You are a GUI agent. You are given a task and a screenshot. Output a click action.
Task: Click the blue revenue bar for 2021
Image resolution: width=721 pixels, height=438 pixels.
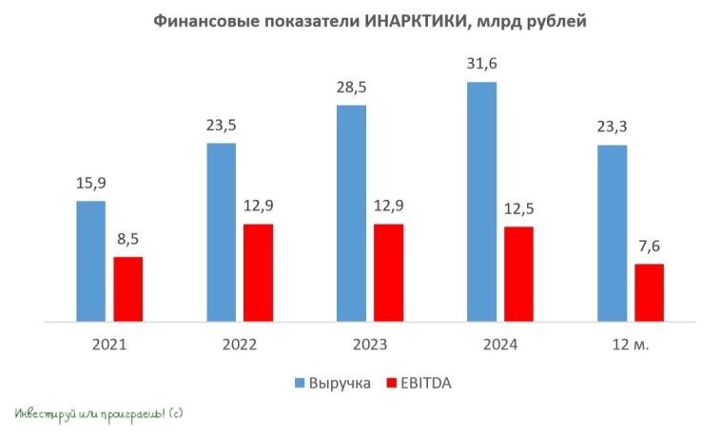tap(90, 262)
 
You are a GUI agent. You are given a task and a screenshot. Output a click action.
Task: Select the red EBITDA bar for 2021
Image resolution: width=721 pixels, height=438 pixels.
tap(127, 289)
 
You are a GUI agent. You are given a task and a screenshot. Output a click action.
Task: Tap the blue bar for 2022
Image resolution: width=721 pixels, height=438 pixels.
tap(221, 232)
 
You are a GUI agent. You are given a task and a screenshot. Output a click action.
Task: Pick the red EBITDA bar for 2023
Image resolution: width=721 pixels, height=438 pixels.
tap(388, 273)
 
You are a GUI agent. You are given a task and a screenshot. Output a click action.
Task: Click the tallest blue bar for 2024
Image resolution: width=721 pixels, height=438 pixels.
tap(481, 202)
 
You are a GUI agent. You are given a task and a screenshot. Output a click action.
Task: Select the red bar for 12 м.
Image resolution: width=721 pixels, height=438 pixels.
tap(649, 293)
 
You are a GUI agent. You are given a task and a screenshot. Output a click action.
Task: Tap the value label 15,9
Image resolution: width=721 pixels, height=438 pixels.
tap(90, 183)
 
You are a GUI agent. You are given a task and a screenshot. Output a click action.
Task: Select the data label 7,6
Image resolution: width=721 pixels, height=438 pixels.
tap(649, 246)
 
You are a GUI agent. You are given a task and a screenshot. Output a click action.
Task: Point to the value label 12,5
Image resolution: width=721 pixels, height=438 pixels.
tap(518, 209)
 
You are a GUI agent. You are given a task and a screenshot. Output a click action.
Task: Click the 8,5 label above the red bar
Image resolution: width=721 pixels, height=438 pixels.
tap(127, 239)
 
